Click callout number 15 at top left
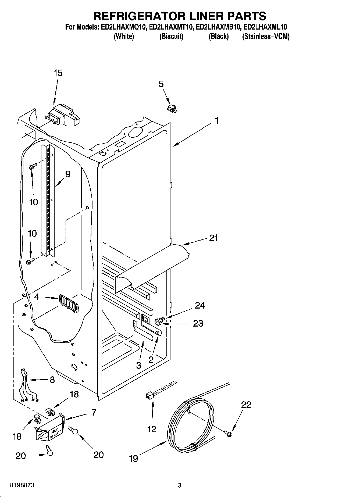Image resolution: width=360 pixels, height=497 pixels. pyautogui.click(x=58, y=73)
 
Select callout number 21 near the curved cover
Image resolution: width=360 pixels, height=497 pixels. pyautogui.click(x=213, y=238)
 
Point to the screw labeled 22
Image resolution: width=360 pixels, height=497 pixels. pyautogui.click(x=228, y=433)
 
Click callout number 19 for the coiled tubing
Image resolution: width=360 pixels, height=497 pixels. pyautogui.click(x=133, y=458)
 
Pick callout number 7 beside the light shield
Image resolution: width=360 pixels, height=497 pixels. pyautogui.click(x=94, y=412)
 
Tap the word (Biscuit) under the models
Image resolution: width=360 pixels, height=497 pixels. pyautogui.click(x=171, y=36)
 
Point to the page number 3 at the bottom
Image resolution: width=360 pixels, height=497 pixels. pyautogui.click(x=180, y=485)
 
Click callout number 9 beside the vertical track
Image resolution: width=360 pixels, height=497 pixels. pyautogui.click(x=67, y=174)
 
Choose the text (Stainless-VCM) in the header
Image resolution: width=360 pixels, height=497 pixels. pyautogui.click(x=266, y=36)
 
